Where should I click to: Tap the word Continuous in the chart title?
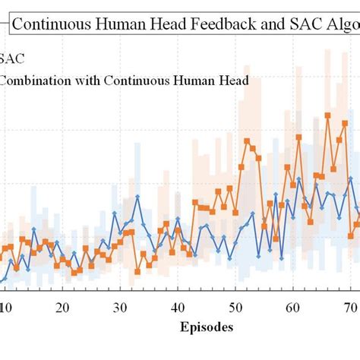51,24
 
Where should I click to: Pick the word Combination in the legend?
36,81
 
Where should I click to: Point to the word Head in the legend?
232,81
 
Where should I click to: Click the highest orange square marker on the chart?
327,115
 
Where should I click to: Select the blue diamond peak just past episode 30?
137,197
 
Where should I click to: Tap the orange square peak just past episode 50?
247,141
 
